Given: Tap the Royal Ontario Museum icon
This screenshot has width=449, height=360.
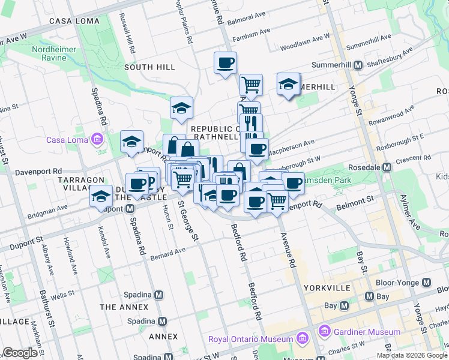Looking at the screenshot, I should [303, 339].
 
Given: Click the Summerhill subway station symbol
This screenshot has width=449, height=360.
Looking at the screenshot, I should [357, 65].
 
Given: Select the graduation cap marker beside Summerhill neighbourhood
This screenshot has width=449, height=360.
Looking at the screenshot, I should [288, 85].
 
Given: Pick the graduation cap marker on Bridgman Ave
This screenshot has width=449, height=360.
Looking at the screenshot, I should [101, 197].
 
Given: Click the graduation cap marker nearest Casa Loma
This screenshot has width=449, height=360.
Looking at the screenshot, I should [131, 142].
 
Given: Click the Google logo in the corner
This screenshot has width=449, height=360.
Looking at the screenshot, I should [20, 353].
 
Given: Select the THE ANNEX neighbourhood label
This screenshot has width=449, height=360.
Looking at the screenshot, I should [124, 307].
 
